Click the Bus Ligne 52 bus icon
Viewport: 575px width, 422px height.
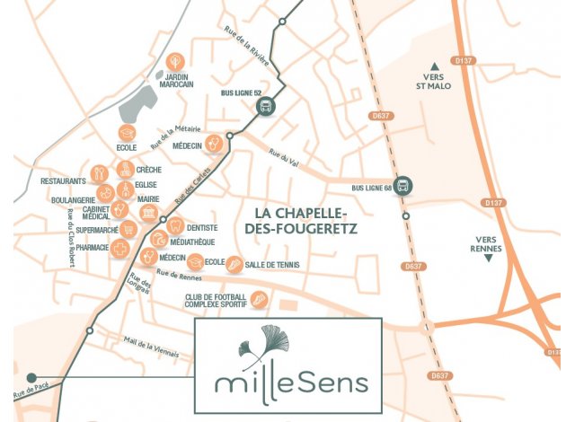point(266,107)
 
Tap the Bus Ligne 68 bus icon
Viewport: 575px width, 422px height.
point(405,186)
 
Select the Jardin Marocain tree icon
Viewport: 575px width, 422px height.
point(177,61)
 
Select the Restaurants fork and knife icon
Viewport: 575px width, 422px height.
point(101,172)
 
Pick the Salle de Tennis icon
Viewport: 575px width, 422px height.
point(234,264)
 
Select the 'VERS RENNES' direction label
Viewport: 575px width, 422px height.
point(488,243)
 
